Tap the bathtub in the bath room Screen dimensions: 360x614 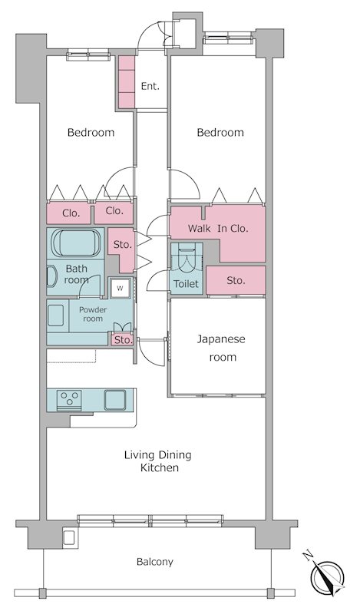(x=75, y=243)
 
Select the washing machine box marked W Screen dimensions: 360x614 (x=120, y=289)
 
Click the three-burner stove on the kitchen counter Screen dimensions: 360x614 (x=69, y=400)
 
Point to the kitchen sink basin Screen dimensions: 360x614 (x=115, y=400)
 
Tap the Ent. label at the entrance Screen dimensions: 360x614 (x=150, y=87)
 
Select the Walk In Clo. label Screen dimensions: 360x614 (x=218, y=228)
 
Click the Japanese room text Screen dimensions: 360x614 (x=221, y=348)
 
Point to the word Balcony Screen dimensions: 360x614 (x=155, y=562)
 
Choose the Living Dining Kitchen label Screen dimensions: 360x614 (x=158, y=461)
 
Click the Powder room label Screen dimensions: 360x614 (x=93, y=314)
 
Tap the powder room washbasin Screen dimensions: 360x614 (x=56, y=315)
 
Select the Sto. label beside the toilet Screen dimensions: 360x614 (x=236, y=280)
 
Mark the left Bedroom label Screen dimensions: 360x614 (x=91, y=132)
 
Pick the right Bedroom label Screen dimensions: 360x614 (x=220, y=132)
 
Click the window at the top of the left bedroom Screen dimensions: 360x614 (x=88, y=55)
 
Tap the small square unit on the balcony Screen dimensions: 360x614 (x=69, y=537)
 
